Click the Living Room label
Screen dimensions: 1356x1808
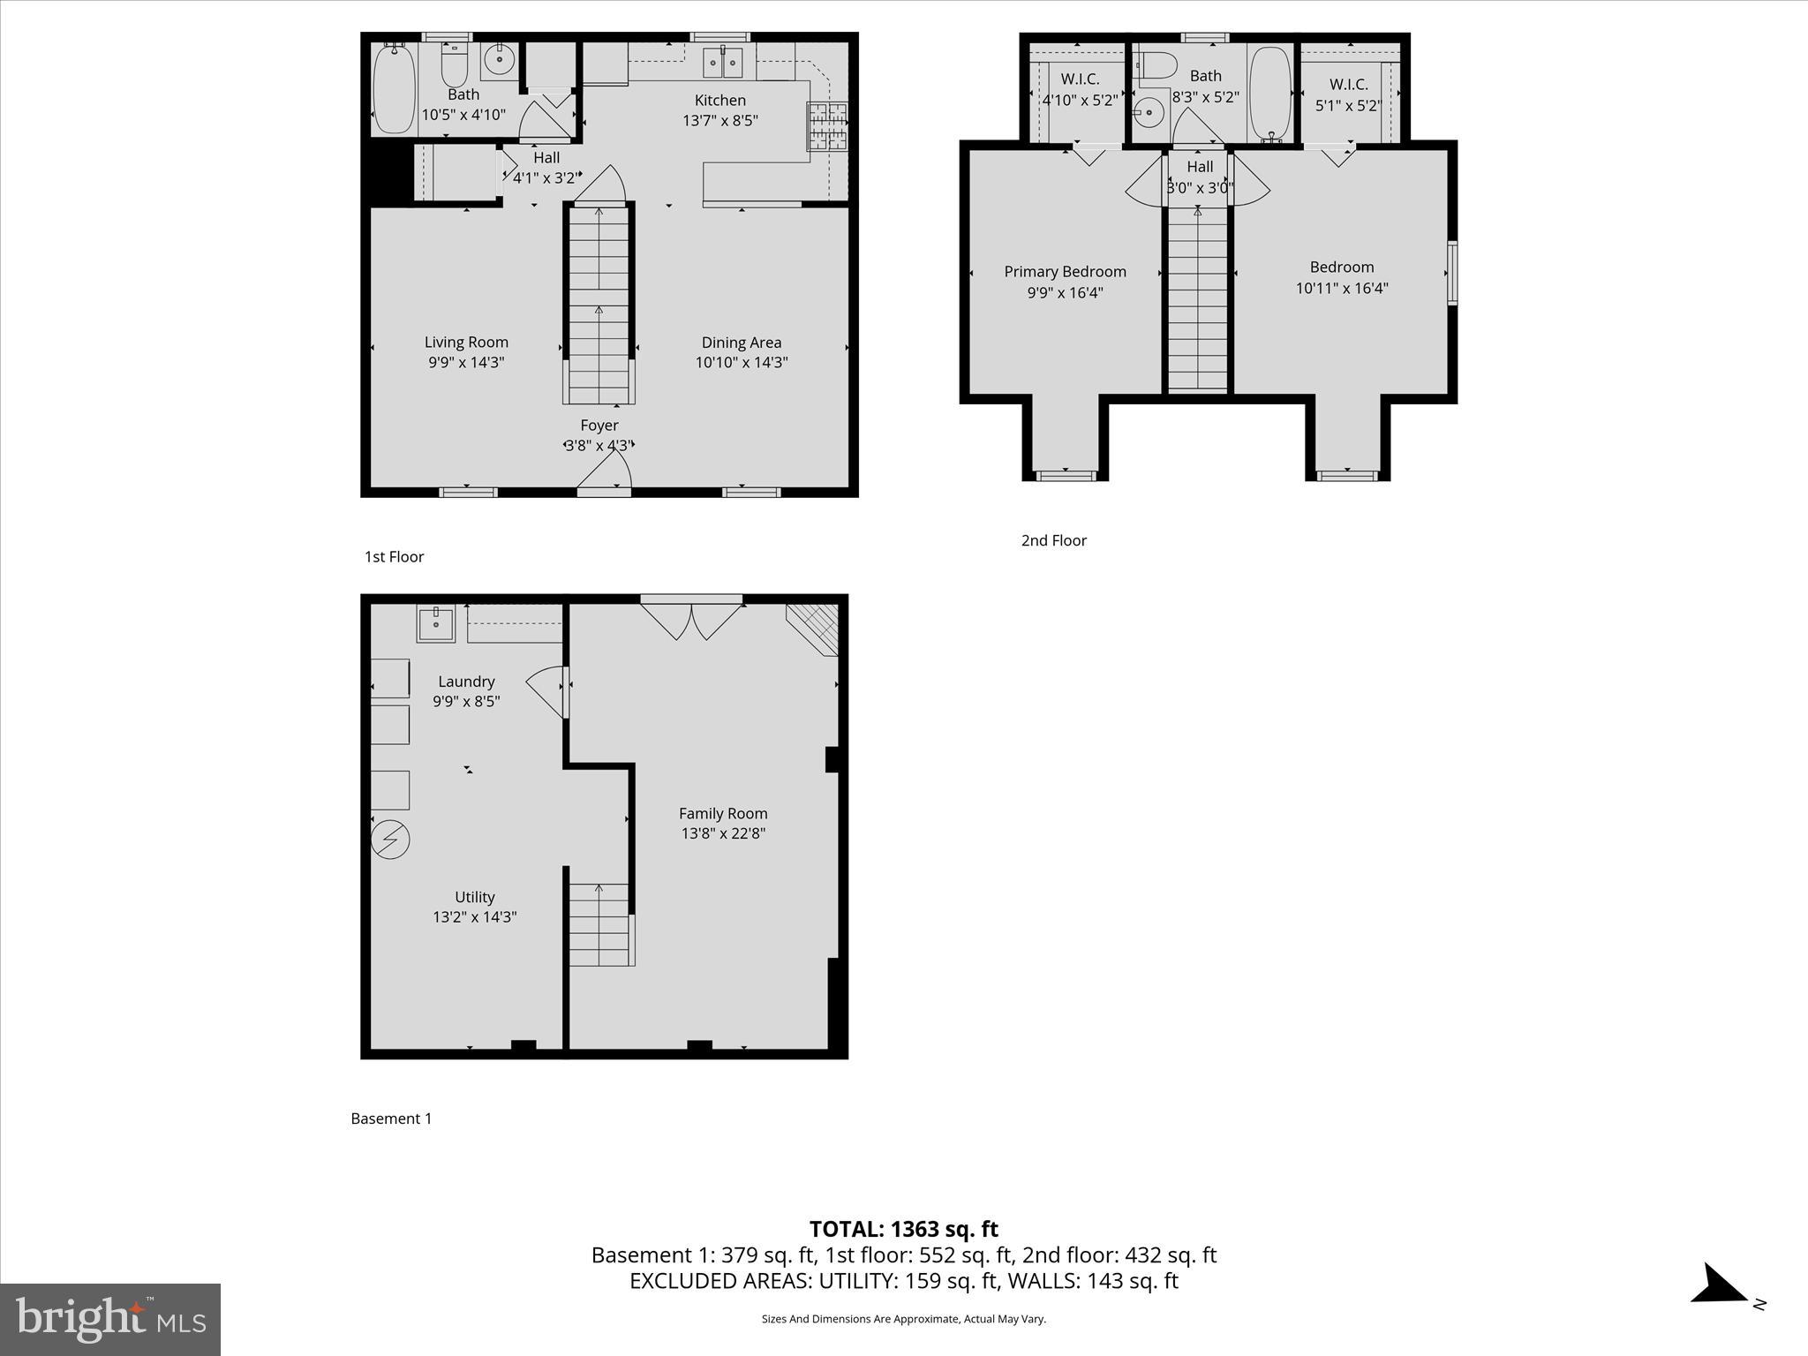point(466,343)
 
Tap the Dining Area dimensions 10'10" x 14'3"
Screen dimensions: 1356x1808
point(741,362)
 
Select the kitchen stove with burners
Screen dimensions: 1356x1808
point(827,126)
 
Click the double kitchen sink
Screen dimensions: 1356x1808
point(724,63)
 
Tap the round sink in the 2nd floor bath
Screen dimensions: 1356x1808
point(1148,112)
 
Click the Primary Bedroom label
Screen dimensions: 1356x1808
point(1065,272)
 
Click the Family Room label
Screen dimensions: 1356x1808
point(723,814)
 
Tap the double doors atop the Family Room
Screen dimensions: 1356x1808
point(691,618)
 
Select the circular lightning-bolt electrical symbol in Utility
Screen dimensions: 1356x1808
point(390,840)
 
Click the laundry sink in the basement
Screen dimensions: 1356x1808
point(435,624)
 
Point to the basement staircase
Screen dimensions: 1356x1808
point(599,924)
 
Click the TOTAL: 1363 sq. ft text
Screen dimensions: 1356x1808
point(903,1229)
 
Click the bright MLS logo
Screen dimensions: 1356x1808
point(110,1319)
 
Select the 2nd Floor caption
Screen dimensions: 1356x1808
point(1053,540)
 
